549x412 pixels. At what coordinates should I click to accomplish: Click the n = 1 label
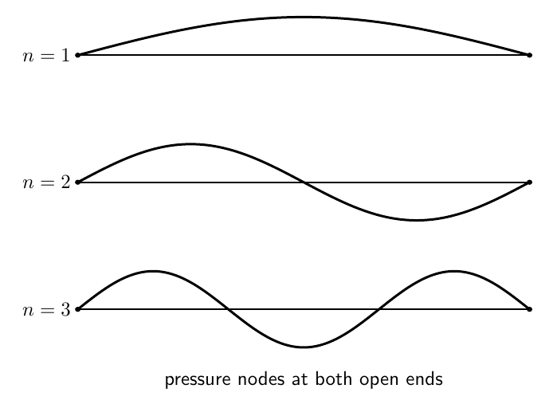46,55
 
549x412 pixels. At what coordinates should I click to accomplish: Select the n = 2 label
46,182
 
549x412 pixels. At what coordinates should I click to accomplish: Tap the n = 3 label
46,310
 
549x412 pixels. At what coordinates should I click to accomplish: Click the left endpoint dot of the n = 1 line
78,55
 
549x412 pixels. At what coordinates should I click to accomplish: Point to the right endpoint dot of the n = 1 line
529,55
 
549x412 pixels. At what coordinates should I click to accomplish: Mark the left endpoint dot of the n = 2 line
78,182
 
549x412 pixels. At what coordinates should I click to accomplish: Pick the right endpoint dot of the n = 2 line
529,182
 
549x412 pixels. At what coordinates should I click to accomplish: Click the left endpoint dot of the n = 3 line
78,309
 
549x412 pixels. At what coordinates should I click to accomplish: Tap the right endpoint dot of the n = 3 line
529,309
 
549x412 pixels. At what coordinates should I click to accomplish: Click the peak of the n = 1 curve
304,17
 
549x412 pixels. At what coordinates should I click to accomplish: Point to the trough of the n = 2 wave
417,220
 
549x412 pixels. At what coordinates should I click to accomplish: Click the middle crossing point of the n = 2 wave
304,182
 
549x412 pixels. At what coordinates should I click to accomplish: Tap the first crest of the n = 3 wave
153,271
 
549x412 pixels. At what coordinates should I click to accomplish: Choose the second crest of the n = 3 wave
454,271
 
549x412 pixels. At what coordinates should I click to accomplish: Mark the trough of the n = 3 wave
304,347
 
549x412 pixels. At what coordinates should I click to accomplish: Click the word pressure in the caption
198,380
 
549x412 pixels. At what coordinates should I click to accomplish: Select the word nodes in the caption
261,379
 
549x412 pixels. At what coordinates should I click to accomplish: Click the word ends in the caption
425,379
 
